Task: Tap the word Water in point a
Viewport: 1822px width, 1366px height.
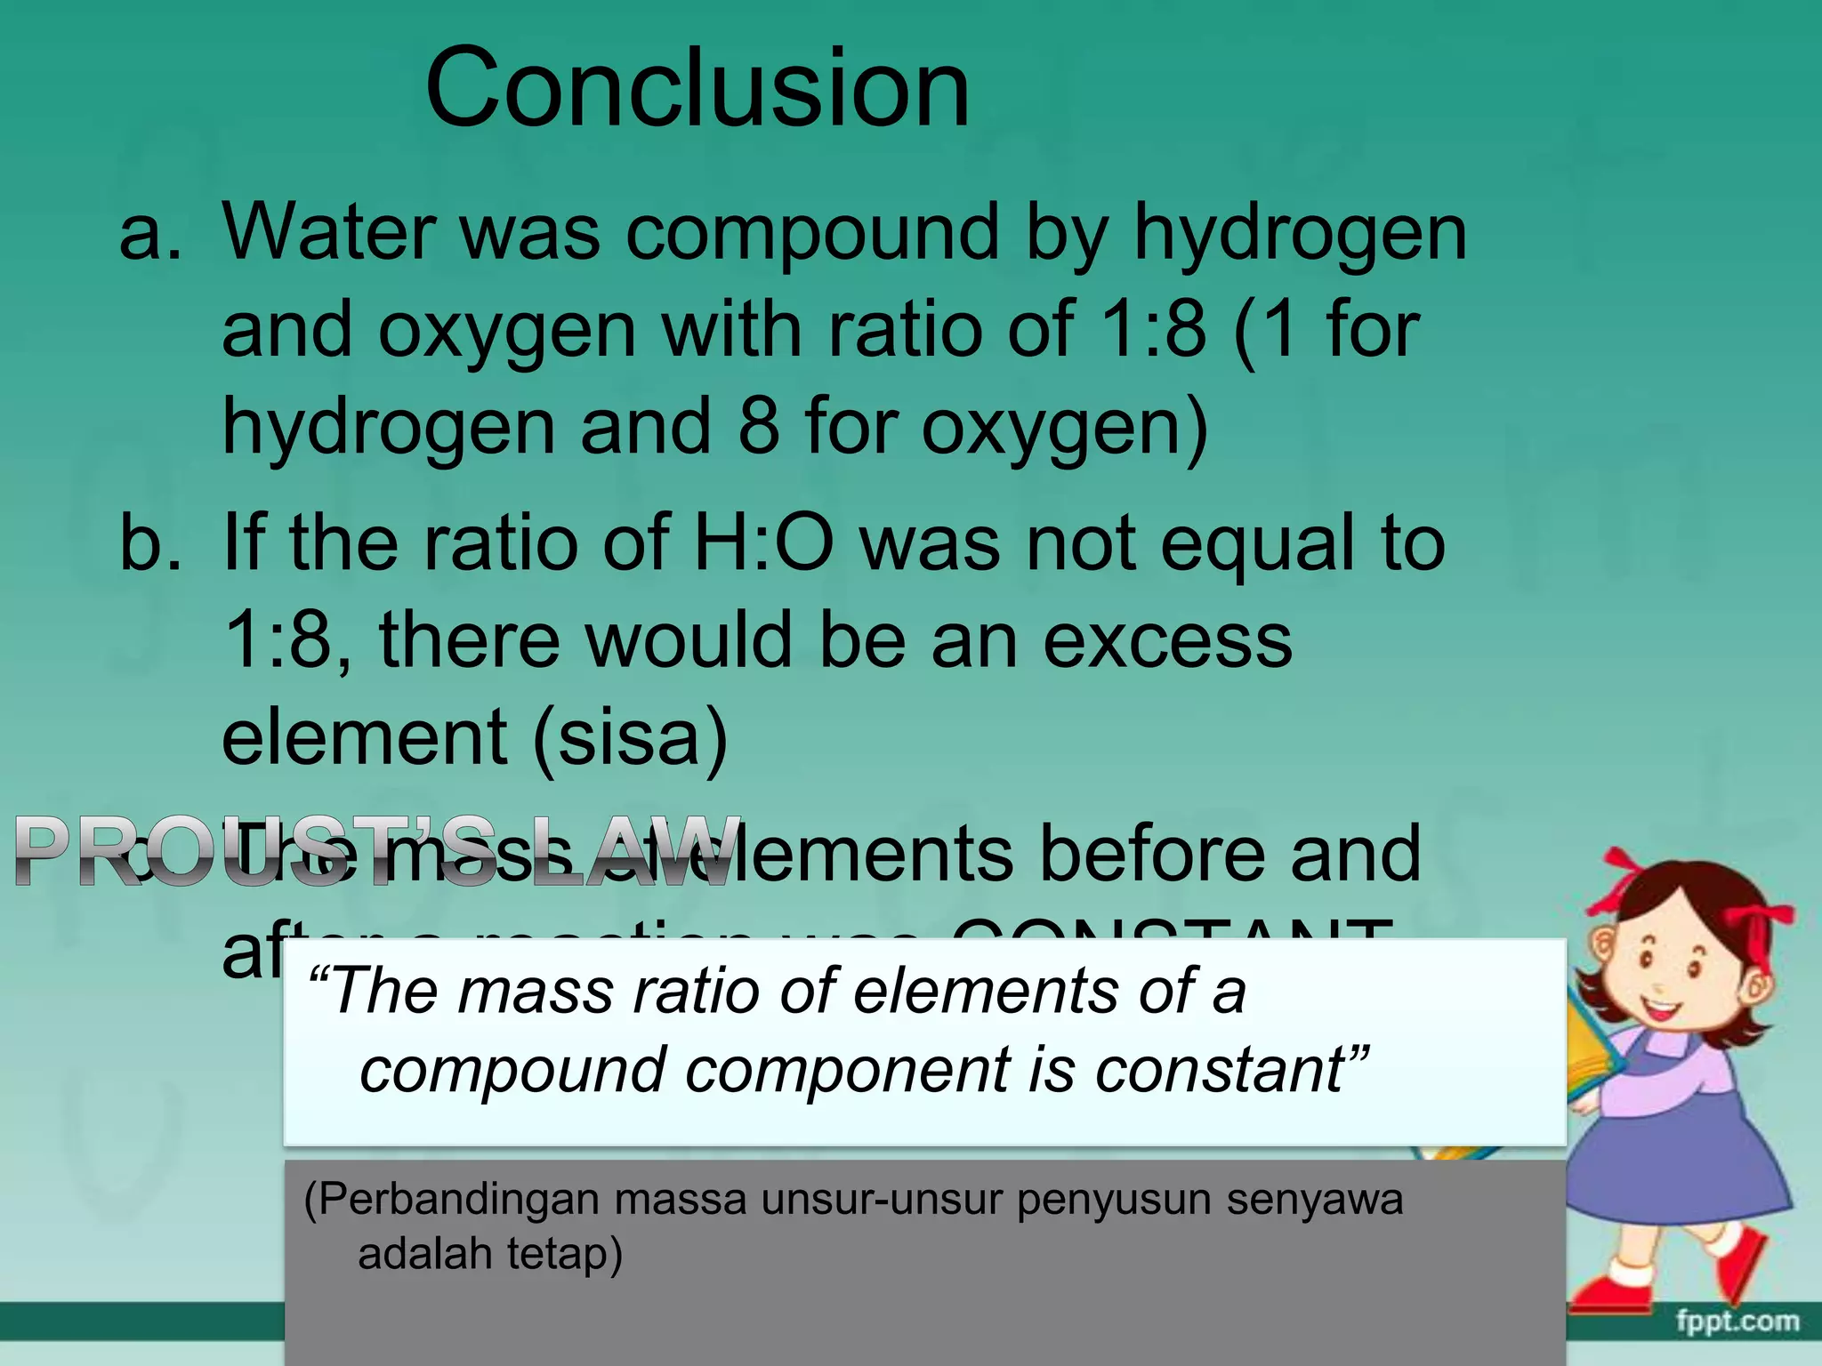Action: tap(327, 233)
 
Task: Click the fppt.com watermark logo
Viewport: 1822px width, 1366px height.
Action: tap(1737, 1322)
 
